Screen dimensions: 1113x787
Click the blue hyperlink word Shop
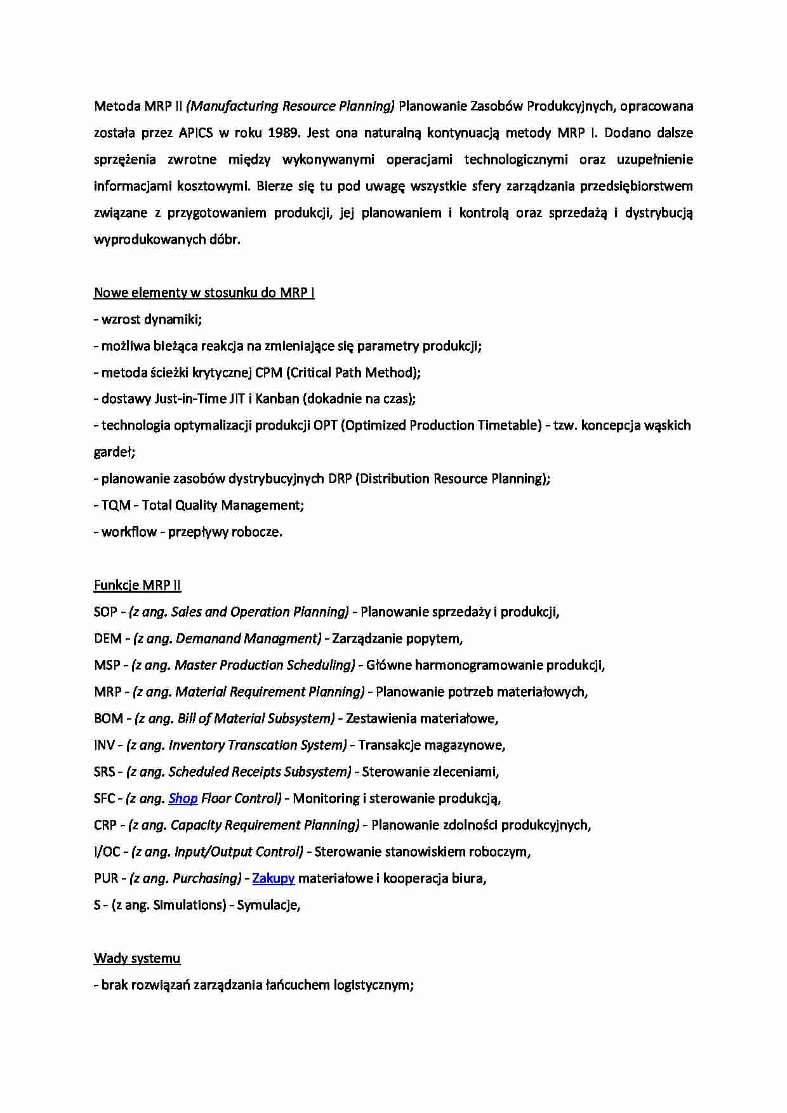tap(183, 798)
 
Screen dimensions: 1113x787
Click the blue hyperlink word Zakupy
tap(274, 878)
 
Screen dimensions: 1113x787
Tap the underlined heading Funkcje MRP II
tap(137, 585)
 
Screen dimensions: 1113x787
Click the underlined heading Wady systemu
tap(137, 958)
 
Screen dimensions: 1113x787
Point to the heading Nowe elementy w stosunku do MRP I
tap(204, 293)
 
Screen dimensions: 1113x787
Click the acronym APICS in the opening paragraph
tap(195, 133)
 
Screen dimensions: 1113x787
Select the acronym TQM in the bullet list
tap(116, 505)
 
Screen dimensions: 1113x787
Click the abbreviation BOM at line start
tap(108, 718)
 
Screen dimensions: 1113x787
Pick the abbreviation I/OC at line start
tap(107, 852)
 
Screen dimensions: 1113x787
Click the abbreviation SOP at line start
tap(105, 612)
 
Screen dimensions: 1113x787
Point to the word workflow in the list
tap(129, 532)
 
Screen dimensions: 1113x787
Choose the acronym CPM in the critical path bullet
tap(268, 372)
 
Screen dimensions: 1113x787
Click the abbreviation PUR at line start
tap(106, 878)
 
